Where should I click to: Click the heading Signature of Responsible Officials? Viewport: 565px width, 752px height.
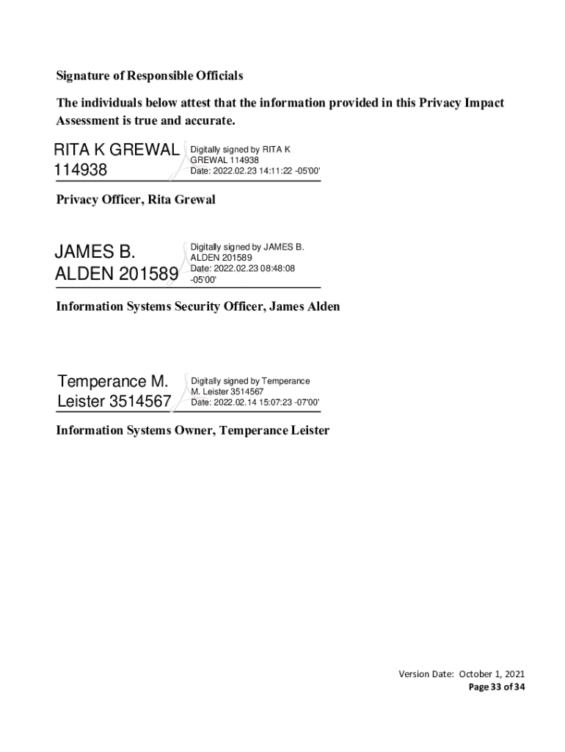click(x=150, y=76)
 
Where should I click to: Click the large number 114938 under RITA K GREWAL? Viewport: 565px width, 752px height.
click(x=81, y=170)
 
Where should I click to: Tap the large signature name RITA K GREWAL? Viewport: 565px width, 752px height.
click(x=116, y=151)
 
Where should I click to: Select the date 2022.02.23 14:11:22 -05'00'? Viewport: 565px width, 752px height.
click(x=266, y=171)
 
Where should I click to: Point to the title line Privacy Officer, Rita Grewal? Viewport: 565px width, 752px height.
click(x=136, y=200)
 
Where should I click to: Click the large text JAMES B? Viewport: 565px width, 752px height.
click(x=95, y=253)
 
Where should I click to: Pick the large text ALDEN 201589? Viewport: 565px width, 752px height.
click(x=116, y=275)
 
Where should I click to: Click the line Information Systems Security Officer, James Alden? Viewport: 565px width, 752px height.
click(x=198, y=306)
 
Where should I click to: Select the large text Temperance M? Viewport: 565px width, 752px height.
click(x=113, y=382)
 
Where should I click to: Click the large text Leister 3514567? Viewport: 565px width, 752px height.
click(x=114, y=402)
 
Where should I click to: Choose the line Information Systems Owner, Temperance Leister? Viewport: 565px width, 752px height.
click(x=193, y=430)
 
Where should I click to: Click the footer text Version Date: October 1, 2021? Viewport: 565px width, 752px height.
click(x=462, y=674)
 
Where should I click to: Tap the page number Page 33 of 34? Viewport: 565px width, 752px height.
click(x=497, y=687)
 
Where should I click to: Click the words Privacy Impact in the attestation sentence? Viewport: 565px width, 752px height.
click(x=462, y=103)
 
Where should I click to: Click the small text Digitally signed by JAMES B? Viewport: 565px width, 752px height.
click(x=247, y=247)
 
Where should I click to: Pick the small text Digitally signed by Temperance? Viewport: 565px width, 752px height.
click(x=250, y=381)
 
